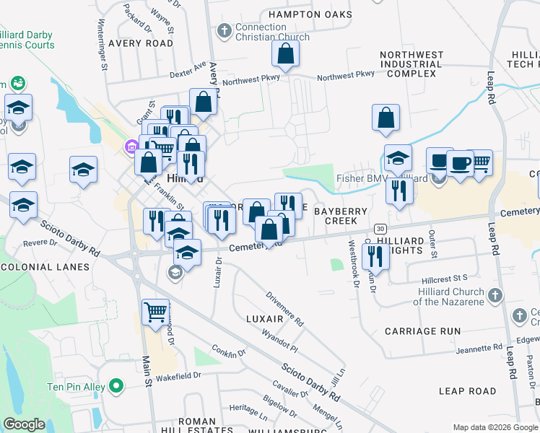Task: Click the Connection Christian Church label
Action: point(272,32)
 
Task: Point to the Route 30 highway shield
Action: point(380,229)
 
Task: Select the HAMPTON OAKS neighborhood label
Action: point(310,14)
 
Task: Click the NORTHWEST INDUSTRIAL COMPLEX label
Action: point(411,64)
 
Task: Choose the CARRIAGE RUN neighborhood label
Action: point(422,331)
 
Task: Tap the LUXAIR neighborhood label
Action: point(264,318)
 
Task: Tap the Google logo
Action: point(24,425)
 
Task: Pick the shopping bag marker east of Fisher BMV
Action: point(386,117)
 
